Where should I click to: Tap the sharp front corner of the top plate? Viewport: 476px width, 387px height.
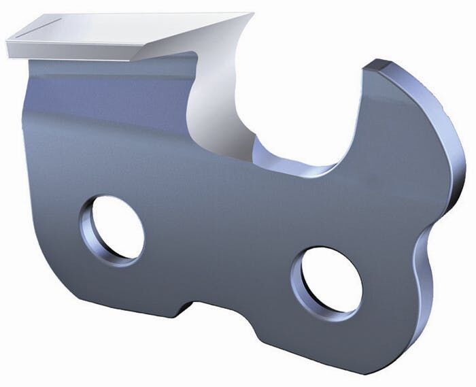(252, 14)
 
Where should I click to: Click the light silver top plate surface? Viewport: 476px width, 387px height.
(136, 31)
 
